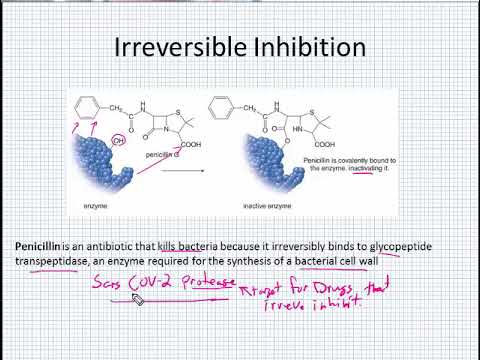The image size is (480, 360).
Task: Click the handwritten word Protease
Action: pyautogui.click(x=206, y=284)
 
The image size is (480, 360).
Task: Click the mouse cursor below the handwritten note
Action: pyautogui.click(x=137, y=300)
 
